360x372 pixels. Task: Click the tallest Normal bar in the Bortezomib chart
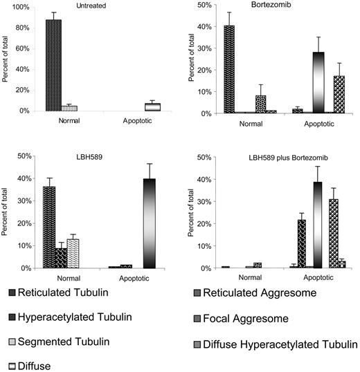point(229,69)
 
